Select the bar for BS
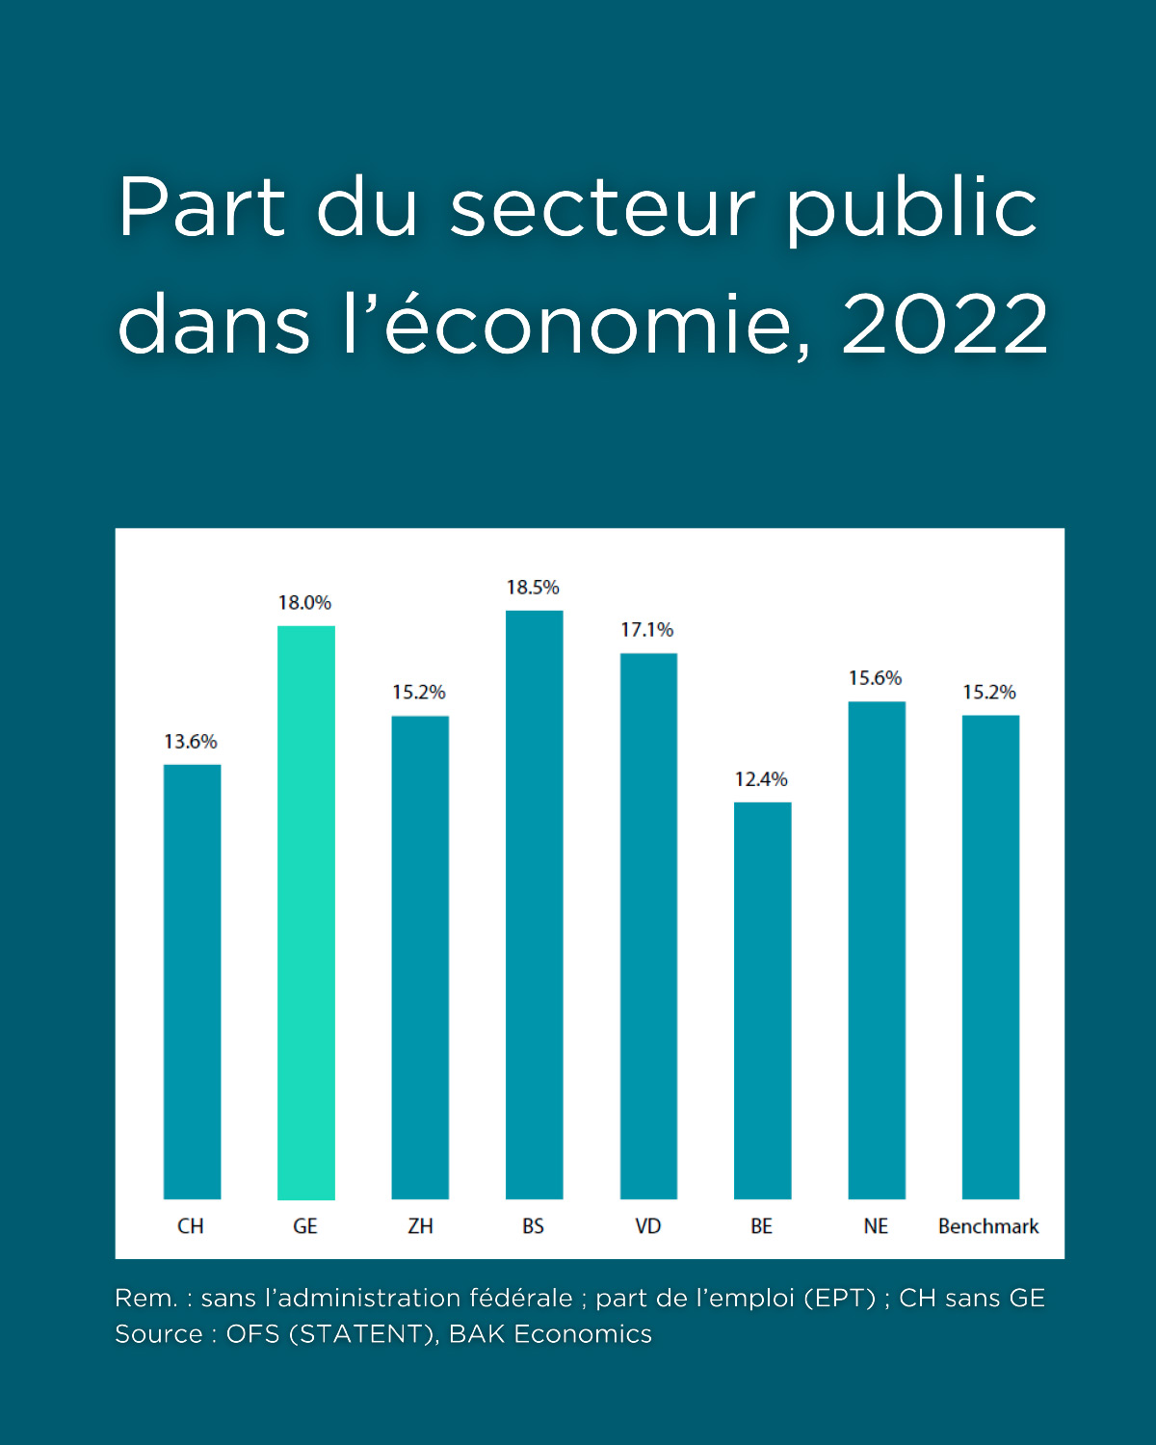pyautogui.click(x=535, y=905)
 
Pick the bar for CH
pyautogui.click(x=193, y=982)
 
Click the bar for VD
pyautogui.click(x=648, y=926)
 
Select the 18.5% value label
pyautogui.click(x=533, y=588)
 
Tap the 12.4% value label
pyautogui.click(x=761, y=779)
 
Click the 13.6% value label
pyautogui.click(x=191, y=742)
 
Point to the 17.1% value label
pyautogui.click(x=646, y=630)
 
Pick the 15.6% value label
pyautogui.click(x=875, y=678)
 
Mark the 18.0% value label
pyautogui.click(x=304, y=603)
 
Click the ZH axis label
pyautogui.click(x=420, y=1226)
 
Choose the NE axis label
pyautogui.click(x=876, y=1226)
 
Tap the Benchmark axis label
pyautogui.click(x=988, y=1226)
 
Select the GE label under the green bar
pyautogui.click(x=305, y=1226)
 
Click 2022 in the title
pyautogui.click(x=945, y=324)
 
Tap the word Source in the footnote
pyautogui.click(x=159, y=1334)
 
